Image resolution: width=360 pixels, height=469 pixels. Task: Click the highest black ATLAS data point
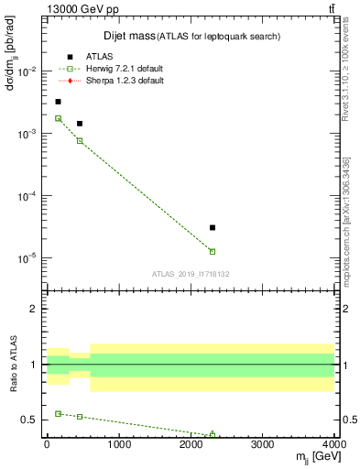(x=59, y=102)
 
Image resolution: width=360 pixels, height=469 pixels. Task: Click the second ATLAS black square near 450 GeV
(x=80, y=123)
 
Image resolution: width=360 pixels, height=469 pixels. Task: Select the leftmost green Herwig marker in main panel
(x=59, y=118)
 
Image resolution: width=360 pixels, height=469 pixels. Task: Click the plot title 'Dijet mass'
(x=126, y=36)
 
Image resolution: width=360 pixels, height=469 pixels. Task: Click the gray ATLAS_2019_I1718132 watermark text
(x=190, y=273)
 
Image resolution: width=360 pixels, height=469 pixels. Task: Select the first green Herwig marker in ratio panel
(x=59, y=414)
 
